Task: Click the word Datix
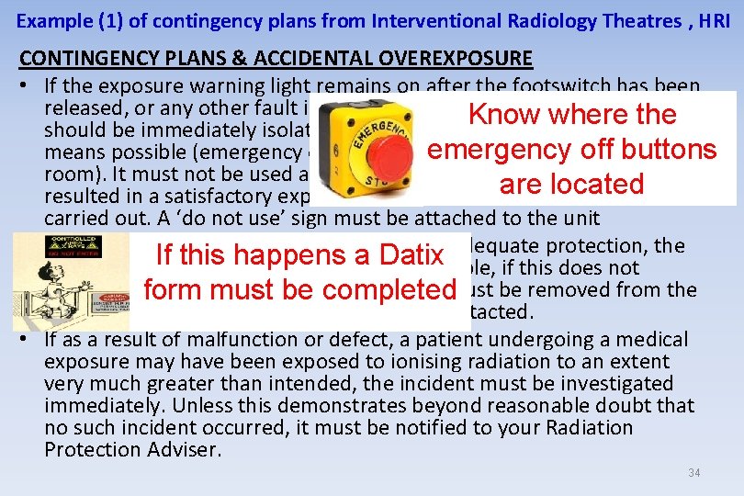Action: coord(400,254)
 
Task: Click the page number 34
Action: coord(693,473)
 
